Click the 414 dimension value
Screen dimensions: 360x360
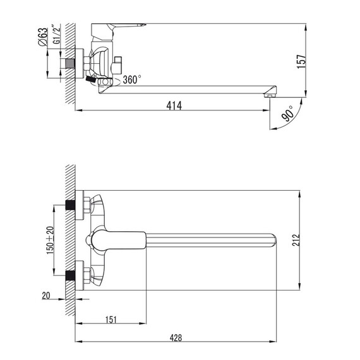(x=174, y=106)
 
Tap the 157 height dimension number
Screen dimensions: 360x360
(x=301, y=61)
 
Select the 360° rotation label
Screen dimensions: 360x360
(x=132, y=80)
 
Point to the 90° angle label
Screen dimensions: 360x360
(x=288, y=114)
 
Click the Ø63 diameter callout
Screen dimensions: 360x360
(x=42, y=37)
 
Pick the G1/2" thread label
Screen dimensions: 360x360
(x=56, y=34)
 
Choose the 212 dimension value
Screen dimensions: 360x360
(x=296, y=240)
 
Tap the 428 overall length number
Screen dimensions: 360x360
(x=176, y=338)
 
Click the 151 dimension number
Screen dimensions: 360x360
(x=111, y=320)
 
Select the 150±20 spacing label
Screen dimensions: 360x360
(x=50, y=240)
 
